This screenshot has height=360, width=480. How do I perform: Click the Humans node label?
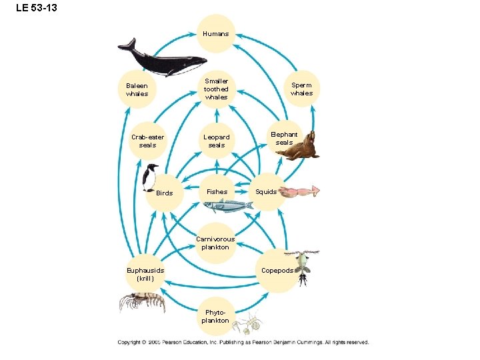[x=216, y=34]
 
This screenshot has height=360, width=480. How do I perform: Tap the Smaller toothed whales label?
[x=216, y=89]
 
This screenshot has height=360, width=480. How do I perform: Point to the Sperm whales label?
[x=301, y=89]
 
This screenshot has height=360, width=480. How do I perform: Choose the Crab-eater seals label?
[x=147, y=141]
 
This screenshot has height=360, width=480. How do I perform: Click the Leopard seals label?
[x=217, y=141]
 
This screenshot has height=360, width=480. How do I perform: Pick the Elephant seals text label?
[x=284, y=138]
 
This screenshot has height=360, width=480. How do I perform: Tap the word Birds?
[x=164, y=193]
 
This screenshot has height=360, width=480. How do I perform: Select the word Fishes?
[x=217, y=192]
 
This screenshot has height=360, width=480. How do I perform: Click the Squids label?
[x=266, y=192]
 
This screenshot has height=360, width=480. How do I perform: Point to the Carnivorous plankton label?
[x=215, y=243]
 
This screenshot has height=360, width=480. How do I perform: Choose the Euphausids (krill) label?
[x=145, y=275]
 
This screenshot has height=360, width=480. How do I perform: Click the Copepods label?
[x=277, y=271]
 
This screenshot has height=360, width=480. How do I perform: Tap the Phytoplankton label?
[x=217, y=317]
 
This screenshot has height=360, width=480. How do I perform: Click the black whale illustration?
[x=160, y=59]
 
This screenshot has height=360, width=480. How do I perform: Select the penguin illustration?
[x=150, y=177]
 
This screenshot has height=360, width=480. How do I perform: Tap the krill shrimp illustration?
[x=142, y=302]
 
